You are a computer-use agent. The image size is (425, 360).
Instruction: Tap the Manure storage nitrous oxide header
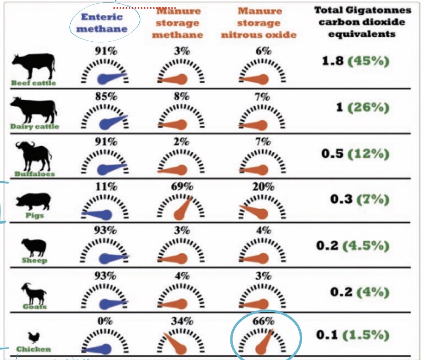coord(259,23)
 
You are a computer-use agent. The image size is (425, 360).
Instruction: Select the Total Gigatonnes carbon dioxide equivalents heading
coord(362,22)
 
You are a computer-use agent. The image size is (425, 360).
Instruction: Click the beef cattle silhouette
coord(34,65)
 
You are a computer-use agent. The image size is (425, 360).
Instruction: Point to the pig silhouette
coord(34,201)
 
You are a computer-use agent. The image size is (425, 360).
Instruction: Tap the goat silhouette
coord(34,294)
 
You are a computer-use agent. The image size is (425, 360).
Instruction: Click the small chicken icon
coord(34,338)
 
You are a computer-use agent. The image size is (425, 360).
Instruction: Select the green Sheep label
coord(34,261)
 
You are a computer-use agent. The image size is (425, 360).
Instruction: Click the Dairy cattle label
coord(34,126)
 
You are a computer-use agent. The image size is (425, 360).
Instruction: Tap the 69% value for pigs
coord(182,187)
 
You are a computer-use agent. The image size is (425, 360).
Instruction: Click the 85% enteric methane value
coord(106,96)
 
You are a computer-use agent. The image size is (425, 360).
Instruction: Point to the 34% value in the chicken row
coord(182,321)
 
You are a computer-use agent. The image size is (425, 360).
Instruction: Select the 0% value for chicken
coord(105,321)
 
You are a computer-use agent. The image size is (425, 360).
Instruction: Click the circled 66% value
coord(263,321)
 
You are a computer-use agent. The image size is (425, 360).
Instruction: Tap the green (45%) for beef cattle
coord(368,61)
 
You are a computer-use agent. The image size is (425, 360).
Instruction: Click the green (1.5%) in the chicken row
coord(366,335)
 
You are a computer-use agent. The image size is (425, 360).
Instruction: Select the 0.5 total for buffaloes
coord(332,154)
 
